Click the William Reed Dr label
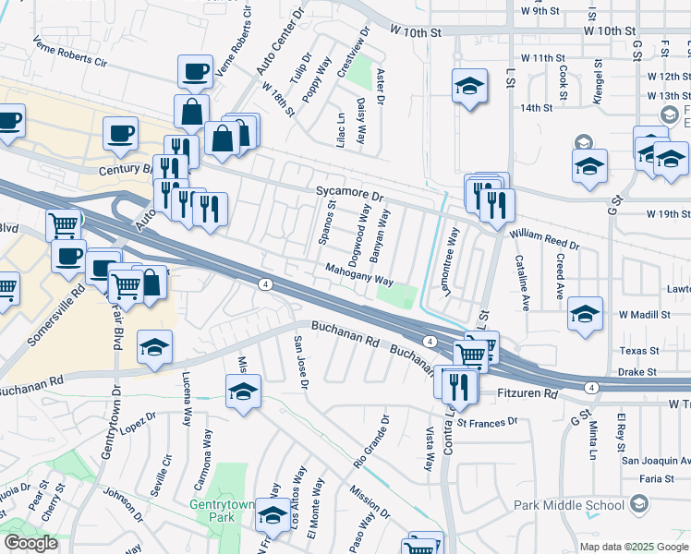(x=544, y=241)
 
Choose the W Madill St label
(x=644, y=315)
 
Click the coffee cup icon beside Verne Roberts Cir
(x=195, y=72)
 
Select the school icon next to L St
(x=469, y=87)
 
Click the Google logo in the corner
(x=30, y=543)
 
